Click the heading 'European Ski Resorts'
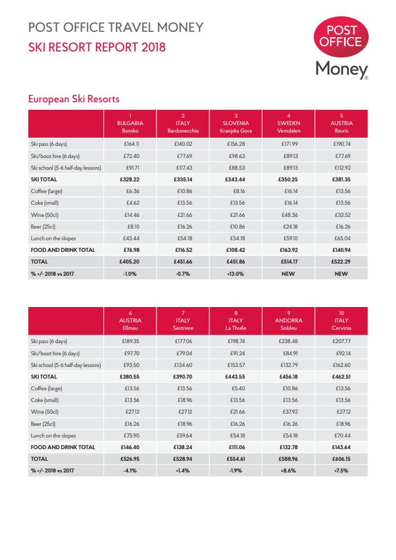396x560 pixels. point(73,99)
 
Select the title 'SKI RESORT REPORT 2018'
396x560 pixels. point(97,47)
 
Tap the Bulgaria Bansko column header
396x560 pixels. point(130,123)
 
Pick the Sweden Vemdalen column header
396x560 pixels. point(289,123)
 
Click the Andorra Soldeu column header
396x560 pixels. point(289,320)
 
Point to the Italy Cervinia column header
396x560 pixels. point(341,320)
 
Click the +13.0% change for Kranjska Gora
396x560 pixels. point(236,274)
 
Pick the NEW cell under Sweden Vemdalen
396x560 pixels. point(289,274)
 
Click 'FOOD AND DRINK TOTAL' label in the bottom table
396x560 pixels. point(63,447)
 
